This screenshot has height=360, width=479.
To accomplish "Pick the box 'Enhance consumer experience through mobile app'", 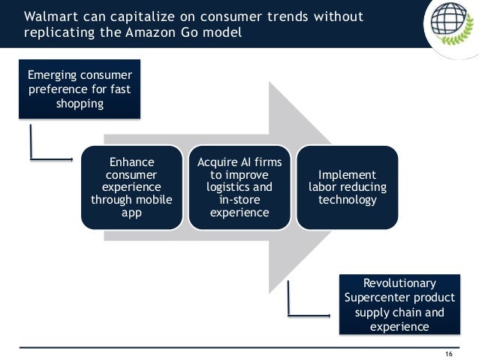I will click(x=131, y=187).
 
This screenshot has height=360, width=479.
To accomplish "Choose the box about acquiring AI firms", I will click(x=239, y=187).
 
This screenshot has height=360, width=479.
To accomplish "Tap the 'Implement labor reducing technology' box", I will click(x=347, y=187).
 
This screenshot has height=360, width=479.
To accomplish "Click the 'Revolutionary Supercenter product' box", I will click(x=398, y=304).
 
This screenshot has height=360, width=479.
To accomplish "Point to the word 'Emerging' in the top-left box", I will click(x=55, y=75).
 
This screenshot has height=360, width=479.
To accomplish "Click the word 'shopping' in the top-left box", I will click(x=80, y=104).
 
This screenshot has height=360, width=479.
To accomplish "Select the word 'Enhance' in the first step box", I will click(x=131, y=162).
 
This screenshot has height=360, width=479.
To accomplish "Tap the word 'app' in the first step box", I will click(x=131, y=212).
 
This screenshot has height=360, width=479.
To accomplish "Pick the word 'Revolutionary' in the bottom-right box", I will click(x=399, y=283).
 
